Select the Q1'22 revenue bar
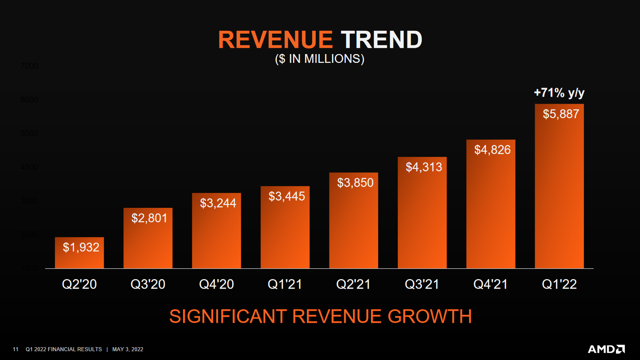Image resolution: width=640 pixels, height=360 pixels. [559, 192]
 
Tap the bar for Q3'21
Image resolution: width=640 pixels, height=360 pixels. [422, 220]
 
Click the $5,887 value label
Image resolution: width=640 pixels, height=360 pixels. [561, 114]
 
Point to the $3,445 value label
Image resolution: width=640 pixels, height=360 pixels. [287, 196]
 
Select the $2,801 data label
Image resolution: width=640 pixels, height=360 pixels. [149, 218]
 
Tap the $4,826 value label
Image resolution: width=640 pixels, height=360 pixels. [492, 150]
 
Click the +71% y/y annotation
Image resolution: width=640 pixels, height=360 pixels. [559, 93]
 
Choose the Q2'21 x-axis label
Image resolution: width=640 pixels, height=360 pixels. [353, 284]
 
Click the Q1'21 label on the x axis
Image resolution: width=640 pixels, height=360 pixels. [285, 284]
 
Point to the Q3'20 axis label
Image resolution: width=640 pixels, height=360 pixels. [148, 284]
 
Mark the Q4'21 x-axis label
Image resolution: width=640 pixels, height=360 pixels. [490, 284]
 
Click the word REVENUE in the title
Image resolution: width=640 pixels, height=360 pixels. [275, 40]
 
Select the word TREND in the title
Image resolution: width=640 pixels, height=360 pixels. [381, 40]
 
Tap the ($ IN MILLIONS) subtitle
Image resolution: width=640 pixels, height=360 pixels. [319, 59]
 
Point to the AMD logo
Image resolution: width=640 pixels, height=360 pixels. [606, 349]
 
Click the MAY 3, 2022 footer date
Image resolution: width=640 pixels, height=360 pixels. [128, 349]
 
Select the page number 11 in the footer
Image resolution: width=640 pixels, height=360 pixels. [16, 349]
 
